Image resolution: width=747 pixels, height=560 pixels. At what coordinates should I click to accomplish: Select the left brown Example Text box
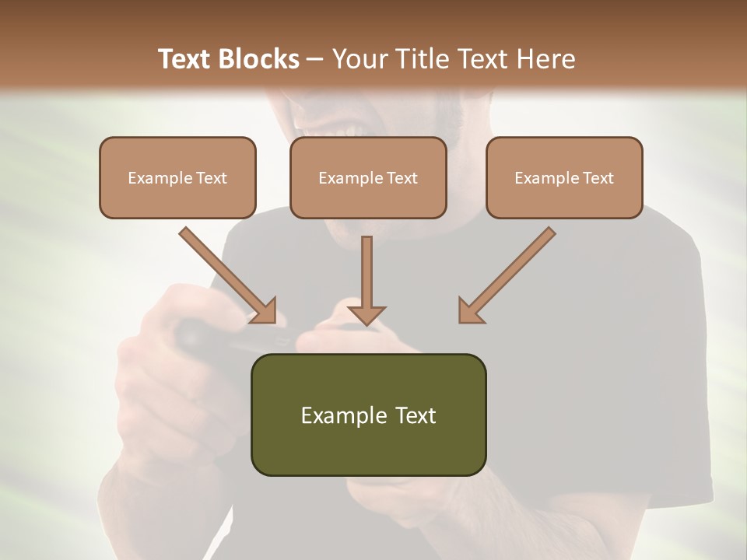(x=177, y=177)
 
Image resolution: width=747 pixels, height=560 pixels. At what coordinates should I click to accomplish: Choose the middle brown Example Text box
(x=368, y=177)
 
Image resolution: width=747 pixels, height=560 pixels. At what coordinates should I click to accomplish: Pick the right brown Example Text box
(x=564, y=177)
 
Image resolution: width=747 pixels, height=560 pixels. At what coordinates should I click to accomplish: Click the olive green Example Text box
(x=368, y=415)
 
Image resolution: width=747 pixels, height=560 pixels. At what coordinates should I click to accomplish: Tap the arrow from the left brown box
(x=226, y=274)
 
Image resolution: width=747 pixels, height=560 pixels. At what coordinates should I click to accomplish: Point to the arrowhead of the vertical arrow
(x=366, y=315)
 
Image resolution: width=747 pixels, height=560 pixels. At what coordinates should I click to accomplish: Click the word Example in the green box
(x=334, y=415)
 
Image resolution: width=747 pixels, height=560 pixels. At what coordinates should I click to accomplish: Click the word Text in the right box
(x=598, y=178)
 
